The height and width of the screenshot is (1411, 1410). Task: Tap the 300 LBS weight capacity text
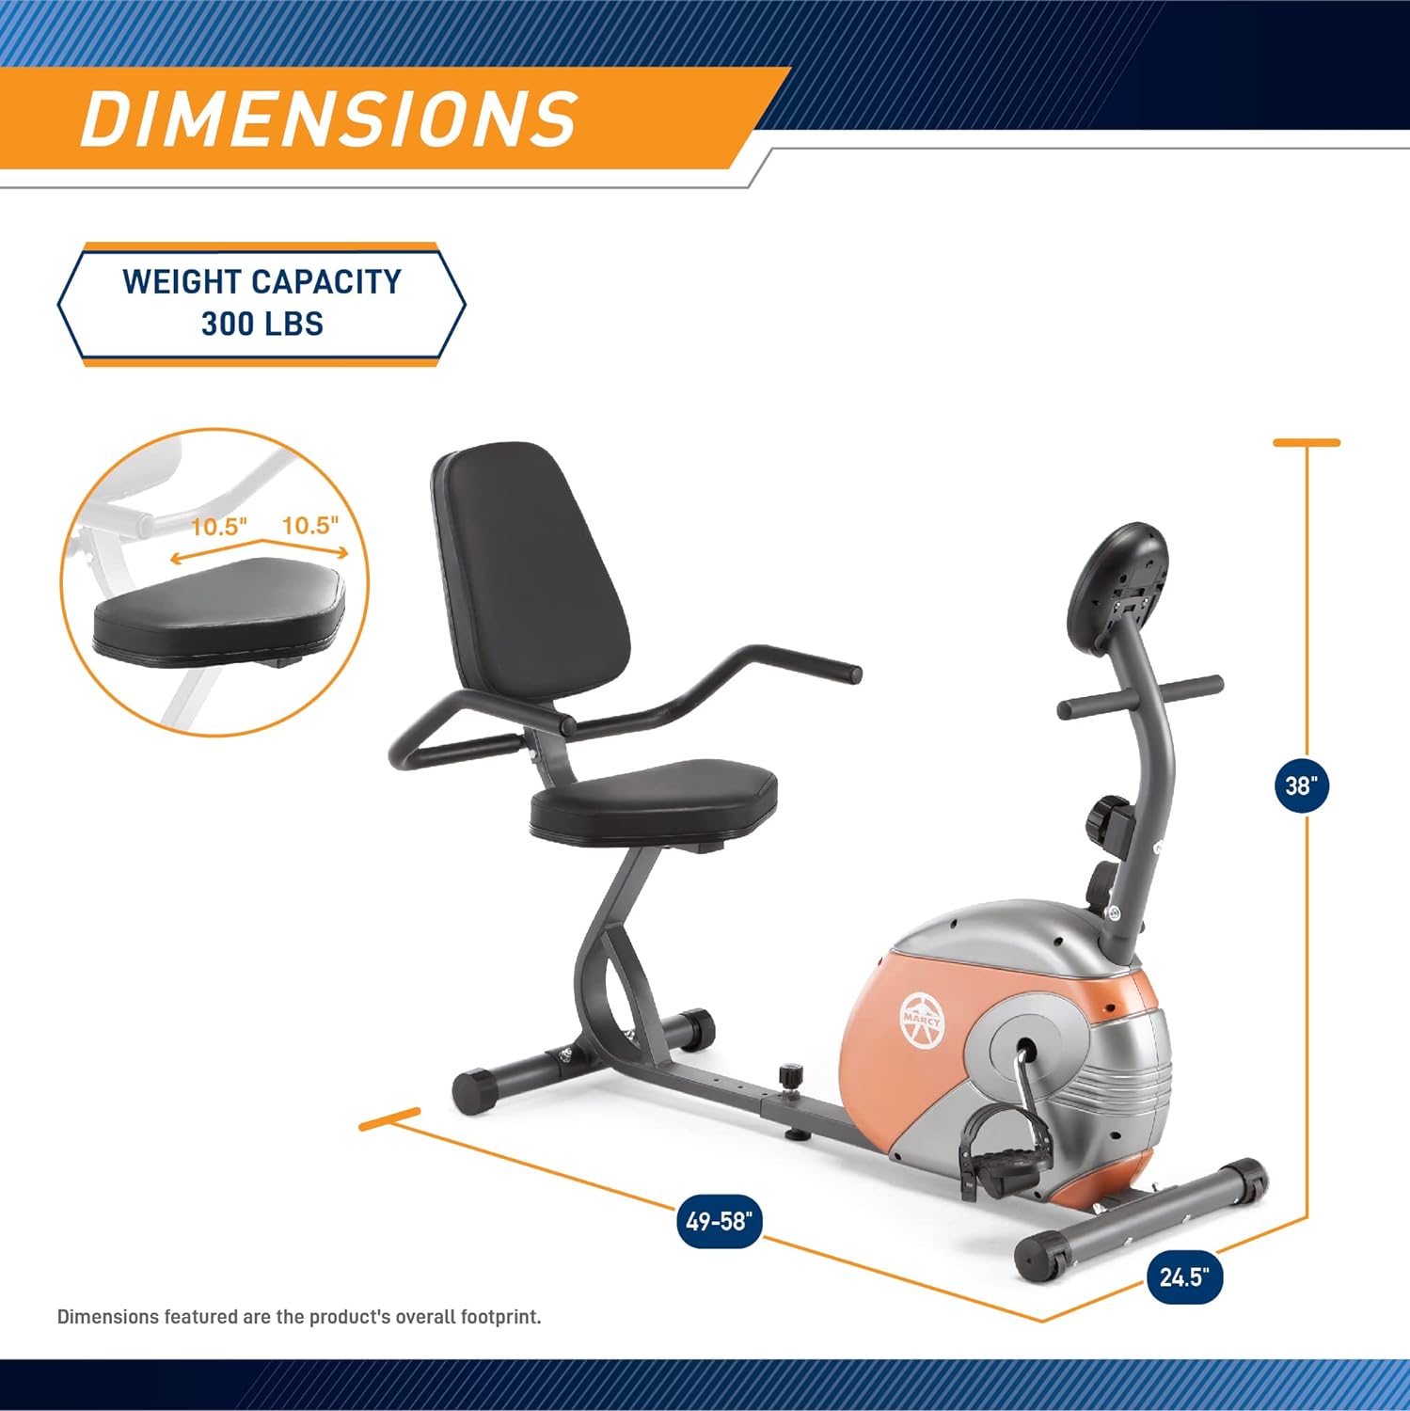(261, 325)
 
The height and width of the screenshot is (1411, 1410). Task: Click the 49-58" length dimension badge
(720, 1221)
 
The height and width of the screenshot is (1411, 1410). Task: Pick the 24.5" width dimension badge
(1183, 1276)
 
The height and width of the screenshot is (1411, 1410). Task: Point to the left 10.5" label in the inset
(218, 526)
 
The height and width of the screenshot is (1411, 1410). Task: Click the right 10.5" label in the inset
(309, 524)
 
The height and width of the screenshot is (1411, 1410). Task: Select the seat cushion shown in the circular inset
(219, 610)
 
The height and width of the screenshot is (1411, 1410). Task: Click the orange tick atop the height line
(1306, 442)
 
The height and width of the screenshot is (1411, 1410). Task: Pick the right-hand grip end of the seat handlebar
(845, 673)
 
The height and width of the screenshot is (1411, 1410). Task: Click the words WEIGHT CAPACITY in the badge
(261, 281)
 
